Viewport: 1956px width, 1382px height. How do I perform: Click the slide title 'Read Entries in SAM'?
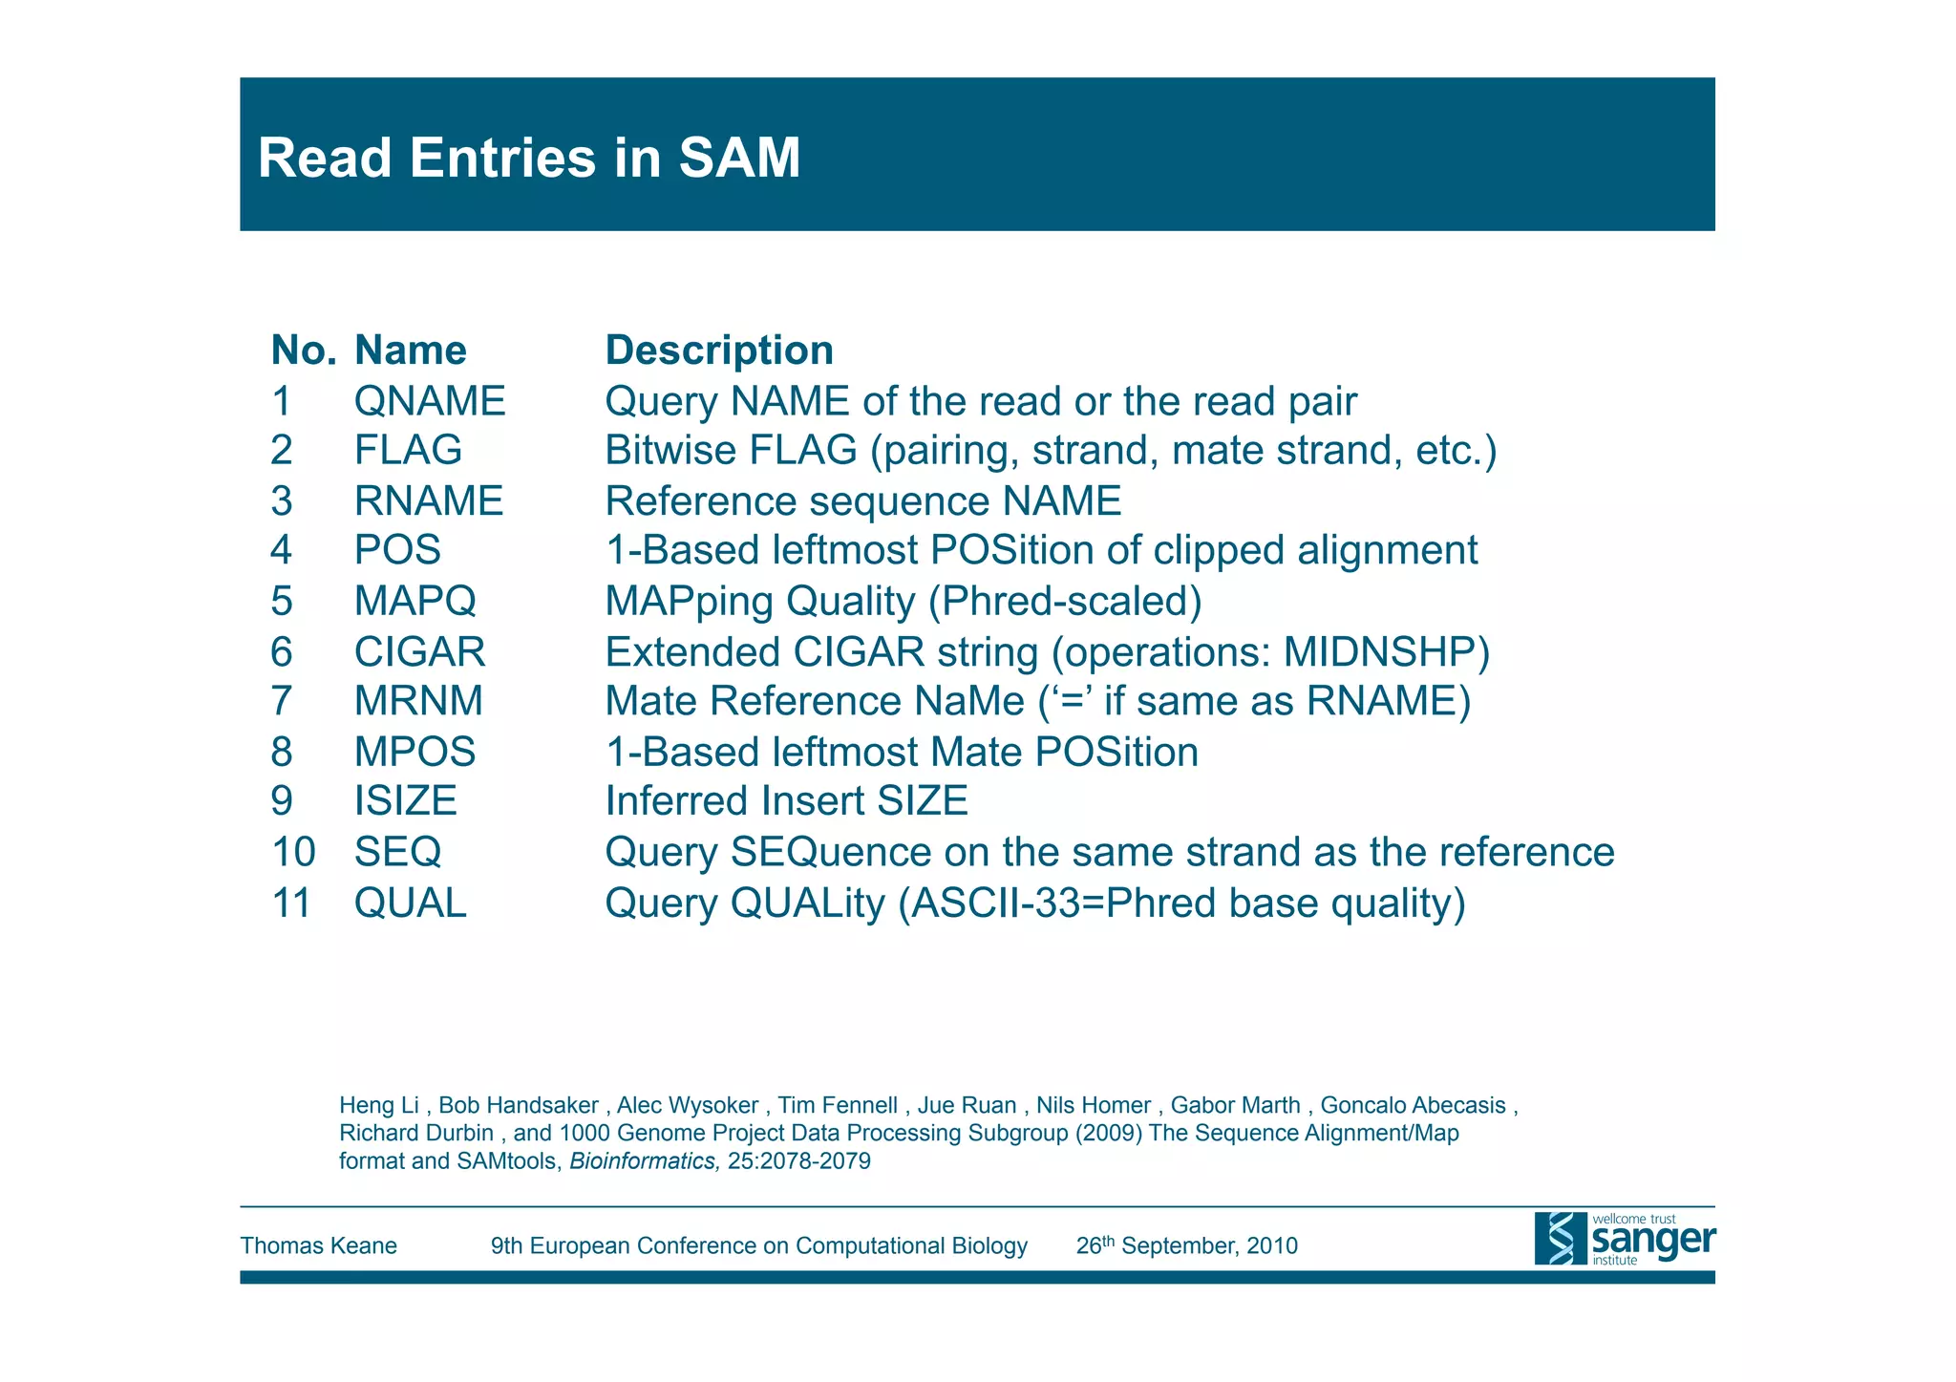[x=528, y=158]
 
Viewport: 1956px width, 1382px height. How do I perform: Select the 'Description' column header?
[x=719, y=351]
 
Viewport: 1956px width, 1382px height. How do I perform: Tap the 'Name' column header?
[x=410, y=351]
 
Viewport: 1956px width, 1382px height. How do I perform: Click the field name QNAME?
[x=430, y=401]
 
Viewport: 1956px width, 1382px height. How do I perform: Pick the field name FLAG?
[x=408, y=451]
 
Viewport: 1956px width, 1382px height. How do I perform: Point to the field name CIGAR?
[x=419, y=652]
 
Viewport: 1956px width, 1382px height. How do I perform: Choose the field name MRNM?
[x=418, y=701]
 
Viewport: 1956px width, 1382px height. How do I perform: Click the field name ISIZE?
[x=405, y=800]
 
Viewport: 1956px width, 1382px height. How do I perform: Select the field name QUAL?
[x=410, y=903]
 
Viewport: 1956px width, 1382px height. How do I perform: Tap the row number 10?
[x=293, y=852]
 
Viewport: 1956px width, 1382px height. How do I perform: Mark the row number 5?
[x=281, y=602]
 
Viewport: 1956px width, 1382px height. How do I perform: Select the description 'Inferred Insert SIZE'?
[x=786, y=800]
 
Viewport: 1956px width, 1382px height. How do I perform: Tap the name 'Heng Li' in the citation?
[x=379, y=1106]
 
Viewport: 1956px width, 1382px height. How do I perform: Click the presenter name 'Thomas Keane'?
[x=318, y=1245]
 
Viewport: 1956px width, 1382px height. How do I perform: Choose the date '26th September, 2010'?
[x=1186, y=1245]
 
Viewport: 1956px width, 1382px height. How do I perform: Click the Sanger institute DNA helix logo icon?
[x=1560, y=1239]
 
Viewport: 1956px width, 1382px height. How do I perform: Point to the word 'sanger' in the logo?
[x=1652, y=1240]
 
